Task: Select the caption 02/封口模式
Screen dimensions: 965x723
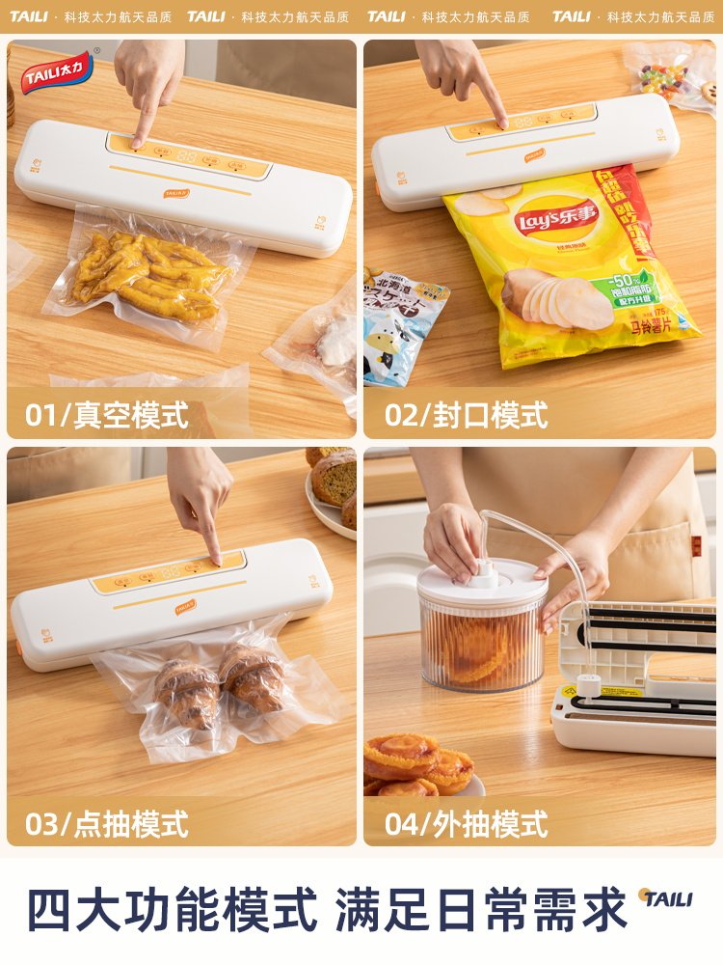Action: pos(467,416)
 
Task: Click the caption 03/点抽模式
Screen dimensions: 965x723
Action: pos(107,824)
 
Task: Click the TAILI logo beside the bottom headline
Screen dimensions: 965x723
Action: pos(666,898)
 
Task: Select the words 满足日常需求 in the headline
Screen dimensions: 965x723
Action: pos(482,910)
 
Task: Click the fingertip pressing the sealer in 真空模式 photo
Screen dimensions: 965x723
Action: pos(138,142)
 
